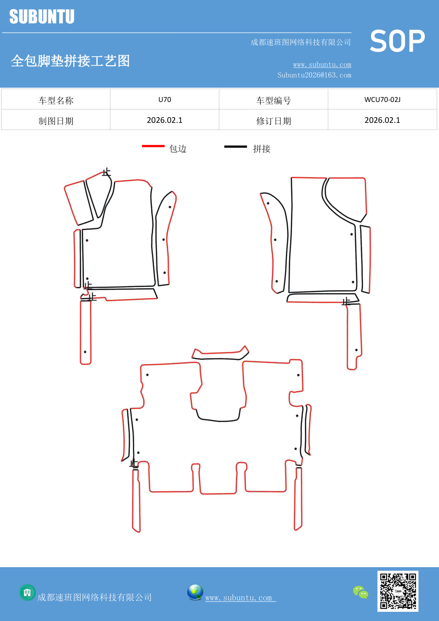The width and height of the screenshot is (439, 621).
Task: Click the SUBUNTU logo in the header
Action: coord(42,17)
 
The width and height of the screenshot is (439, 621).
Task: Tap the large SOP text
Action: coord(397,41)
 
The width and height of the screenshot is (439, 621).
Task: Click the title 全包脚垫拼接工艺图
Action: coord(70,61)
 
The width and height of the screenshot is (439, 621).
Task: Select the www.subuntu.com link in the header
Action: coord(322,64)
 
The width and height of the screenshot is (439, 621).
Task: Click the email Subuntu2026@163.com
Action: coord(314,75)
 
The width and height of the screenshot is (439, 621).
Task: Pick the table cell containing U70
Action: coord(164,99)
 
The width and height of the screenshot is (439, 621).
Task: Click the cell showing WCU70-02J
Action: coord(382,99)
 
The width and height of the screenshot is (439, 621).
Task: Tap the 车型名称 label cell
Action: coord(56,101)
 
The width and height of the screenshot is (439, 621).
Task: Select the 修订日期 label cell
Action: coord(273,121)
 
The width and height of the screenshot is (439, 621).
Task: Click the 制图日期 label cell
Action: coord(56,121)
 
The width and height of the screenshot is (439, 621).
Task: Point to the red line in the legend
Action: coord(153,146)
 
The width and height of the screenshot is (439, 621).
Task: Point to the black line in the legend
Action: coord(235,146)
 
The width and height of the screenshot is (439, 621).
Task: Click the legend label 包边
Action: coord(178,149)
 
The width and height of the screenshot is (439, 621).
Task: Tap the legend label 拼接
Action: coord(262,149)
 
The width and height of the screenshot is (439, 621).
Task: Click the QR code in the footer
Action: coord(398,591)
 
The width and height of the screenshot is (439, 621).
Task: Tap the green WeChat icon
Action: coord(360,592)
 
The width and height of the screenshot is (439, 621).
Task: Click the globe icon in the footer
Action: coord(195,592)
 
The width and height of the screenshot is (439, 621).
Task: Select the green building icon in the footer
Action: coord(27,592)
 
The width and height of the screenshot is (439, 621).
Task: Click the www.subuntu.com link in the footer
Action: coord(239,598)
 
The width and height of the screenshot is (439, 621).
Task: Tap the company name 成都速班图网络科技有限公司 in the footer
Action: coord(94,598)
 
